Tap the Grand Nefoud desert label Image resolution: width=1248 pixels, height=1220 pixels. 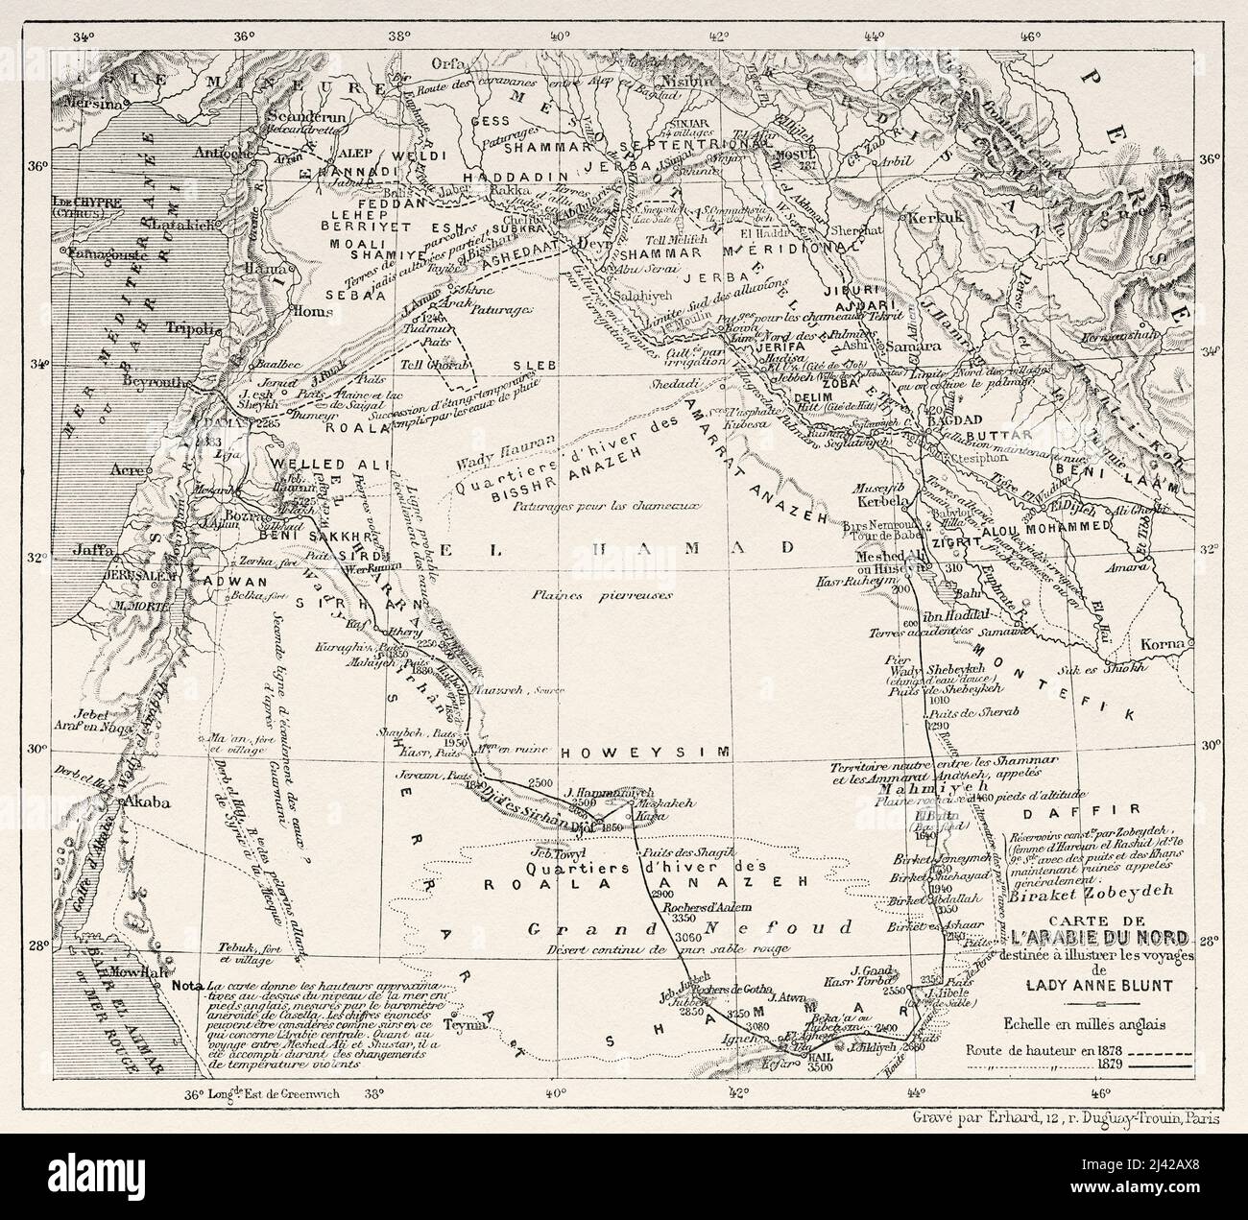pos(687,928)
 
